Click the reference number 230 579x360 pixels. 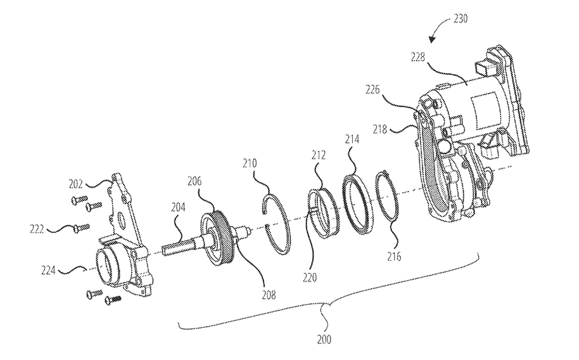coord(460,18)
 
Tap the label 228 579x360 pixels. coord(417,57)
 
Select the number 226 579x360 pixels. coord(372,89)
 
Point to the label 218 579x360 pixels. coord(379,129)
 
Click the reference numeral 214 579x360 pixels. coord(352,139)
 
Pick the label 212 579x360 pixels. coord(318,155)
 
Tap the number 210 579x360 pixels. coord(250,164)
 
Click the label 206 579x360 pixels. coord(194,181)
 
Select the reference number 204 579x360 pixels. coord(178,207)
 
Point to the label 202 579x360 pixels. coord(75,184)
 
